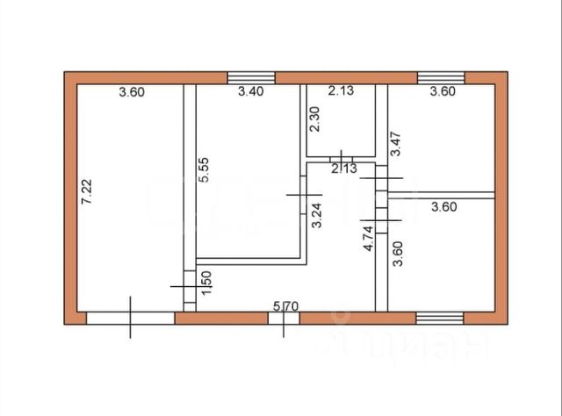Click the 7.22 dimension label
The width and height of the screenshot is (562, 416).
click(x=86, y=192)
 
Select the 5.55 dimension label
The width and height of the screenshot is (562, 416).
click(x=204, y=169)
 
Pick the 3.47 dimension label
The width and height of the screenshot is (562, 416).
click(x=396, y=144)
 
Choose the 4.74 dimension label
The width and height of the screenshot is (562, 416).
click(x=369, y=239)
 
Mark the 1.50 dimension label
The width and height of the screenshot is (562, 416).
click(x=206, y=284)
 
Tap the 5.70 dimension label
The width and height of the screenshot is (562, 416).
click(x=287, y=306)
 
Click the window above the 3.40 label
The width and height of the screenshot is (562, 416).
click(x=251, y=77)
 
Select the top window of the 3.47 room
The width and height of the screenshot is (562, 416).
click(x=440, y=77)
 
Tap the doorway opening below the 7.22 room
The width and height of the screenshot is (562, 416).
click(x=130, y=318)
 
